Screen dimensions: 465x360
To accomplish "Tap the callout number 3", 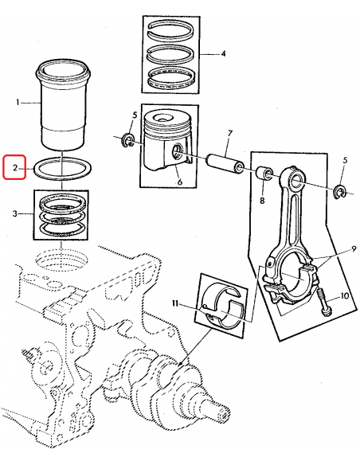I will tap(17, 213).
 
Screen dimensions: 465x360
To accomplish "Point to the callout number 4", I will tap(223, 54).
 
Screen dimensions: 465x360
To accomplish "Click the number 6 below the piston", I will tap(179, 182).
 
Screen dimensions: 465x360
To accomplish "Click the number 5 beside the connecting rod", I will tap(344, 161).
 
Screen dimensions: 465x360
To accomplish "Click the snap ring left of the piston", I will tap(127, 142).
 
